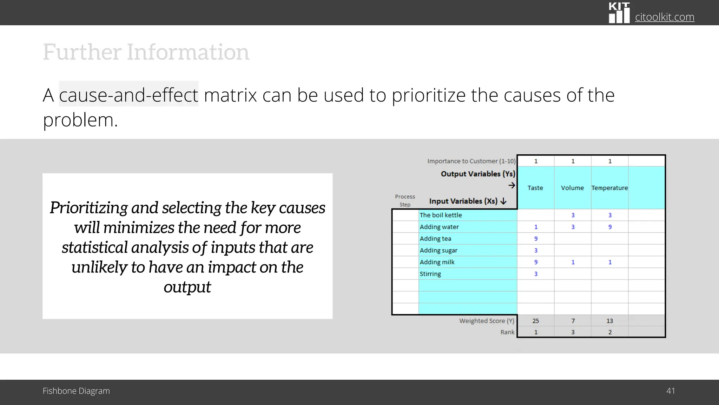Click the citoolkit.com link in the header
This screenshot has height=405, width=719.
pyautogui.click(x=664, y=17)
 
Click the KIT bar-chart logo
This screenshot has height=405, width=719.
pyautogui.click(x=619, y=13)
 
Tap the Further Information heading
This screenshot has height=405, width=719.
pyautogui.click(x=146, y=52)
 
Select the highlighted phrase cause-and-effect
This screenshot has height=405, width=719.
pyautogui.click(x=128, y=95)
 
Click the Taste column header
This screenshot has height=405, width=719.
pyautogui.click(x=535, y=188)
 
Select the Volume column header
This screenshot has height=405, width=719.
pyautogui.click(x=572, y=188)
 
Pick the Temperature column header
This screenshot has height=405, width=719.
pyautogui.click(x=609, y=188)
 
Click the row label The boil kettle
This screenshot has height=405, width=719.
pyautogui.click(x=441, y=215)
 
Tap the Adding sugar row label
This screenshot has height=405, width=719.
pyautogui.click(x=438, y=250)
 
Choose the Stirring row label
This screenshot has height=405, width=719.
pyautogui.click(x=430, y=274)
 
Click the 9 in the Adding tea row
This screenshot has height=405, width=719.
pyautogui.click(x=536, y=239)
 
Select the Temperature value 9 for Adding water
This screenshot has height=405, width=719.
pyautogui.click(x=610, y=227)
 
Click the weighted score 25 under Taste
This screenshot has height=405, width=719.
pyautogui.click(x=535, y=321)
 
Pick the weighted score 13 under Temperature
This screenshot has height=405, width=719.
pyautogui.click(x=609, y=321)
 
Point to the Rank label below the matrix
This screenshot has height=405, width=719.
pyautogui.click(x=507, y=332)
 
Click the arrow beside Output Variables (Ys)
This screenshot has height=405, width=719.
pyautogui.click(x=512, y=185)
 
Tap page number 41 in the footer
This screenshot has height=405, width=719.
pyautogui.click(x=670, y=391)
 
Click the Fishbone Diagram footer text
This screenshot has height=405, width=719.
pyautogui.click(x=76, y=391)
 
